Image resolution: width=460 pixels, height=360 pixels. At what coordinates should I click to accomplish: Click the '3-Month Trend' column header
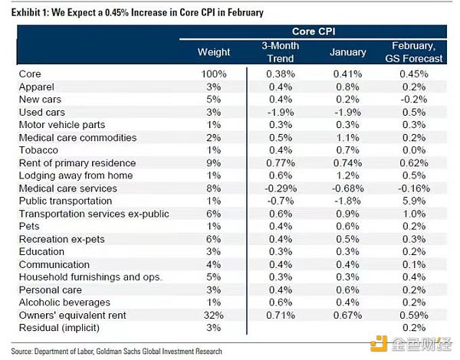pos(281,51)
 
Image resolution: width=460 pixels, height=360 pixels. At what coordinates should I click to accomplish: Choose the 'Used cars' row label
pos(42,111)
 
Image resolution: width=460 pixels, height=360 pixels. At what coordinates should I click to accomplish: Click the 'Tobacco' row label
pos(38,150)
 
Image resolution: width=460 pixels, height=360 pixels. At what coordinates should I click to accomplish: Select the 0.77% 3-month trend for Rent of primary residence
pos(281,163)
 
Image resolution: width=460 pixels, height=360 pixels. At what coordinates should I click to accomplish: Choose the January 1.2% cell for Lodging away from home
pos(347,176)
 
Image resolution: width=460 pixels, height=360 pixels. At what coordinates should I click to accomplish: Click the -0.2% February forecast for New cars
pos(416,98)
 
